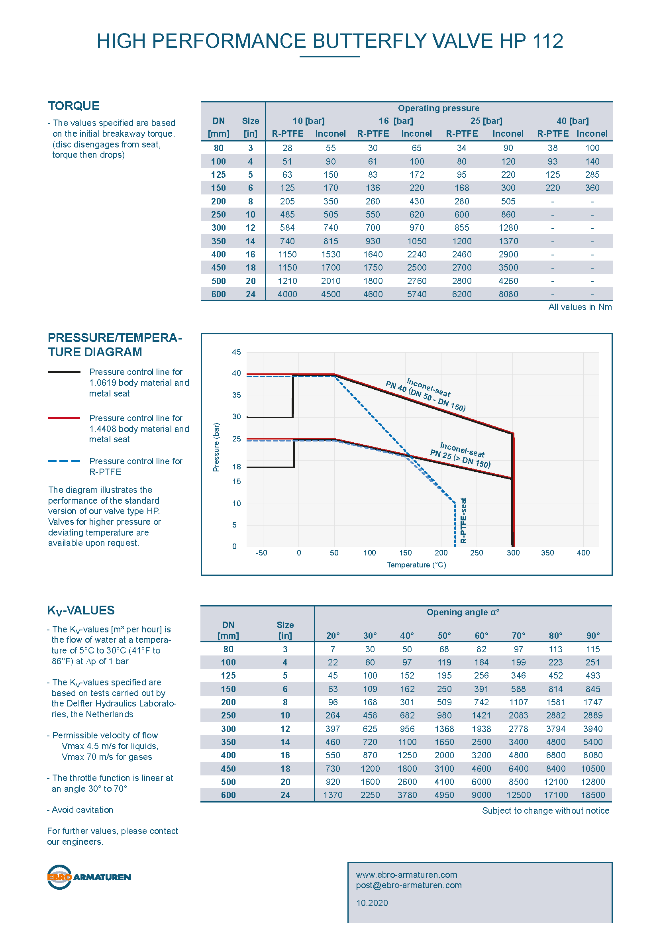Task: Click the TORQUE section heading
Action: pyautogui.click(x=73, y=106)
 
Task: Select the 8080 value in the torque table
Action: pyautogui.click(x=508, y=294)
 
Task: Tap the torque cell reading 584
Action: pyautogui.click(x=287, y=228)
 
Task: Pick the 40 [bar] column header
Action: pyautogui.click(x=572, y=121)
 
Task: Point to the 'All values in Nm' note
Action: pyautogui.click(x=580, y=307)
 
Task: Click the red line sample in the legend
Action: pyautogui.click(x=64, y=418)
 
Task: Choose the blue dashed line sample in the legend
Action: pyautogui.click(x=64, y=461)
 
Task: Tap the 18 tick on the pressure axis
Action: pyautogui.click(x=237, y=467)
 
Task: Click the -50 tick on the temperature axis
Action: pyautogui.click(x=261, y=553)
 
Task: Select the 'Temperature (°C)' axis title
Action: pyautogui.click(x=416, y=565)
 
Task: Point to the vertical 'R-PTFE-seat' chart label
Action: pyautogui.click(x=463, y=520)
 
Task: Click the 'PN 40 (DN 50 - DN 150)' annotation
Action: pyautogui.click(x=425, y=396)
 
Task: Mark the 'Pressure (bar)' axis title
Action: pyautogui.click(x=216, y=447)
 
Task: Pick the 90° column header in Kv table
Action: pyautogui.click(x=593, y=636)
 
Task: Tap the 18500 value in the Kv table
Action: pyautogui.click(x=593, y=795)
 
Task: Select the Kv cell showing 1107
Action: pyautogui.click(x=518, y=702)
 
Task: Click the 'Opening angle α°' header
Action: pyautogui.click(x=463, y=612)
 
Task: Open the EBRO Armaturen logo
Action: pyautogui.click(x=89, y=877)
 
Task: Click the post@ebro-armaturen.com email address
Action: pyautogui.click(x=409, y=885)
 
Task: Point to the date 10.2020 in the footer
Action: pyautogui.click(x=372, y=903)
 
